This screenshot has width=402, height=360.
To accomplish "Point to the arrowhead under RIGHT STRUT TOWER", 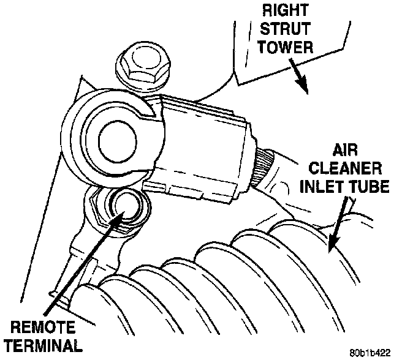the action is pyautogui.click(x=302, y=89).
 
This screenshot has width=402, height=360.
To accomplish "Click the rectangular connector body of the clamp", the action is pyautogui.click(x=202, y=147).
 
